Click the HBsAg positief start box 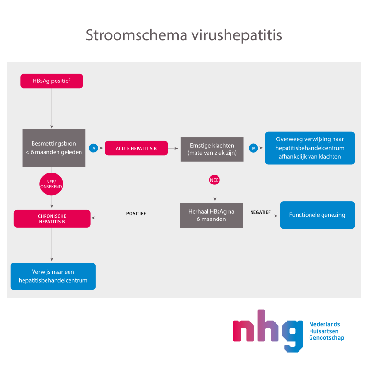pos(52,81)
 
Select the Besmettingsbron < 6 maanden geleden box pos(54,148)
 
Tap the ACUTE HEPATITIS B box pos(137,148)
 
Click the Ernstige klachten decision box pos(212,149)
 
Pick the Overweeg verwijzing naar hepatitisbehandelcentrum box pos(310,148)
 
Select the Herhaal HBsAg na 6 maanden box pos(211,216)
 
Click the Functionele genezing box pos(317,215)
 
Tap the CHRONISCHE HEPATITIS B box pos(52,218)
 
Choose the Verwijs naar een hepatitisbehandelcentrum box pos(53,276)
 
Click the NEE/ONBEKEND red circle pos(51,184)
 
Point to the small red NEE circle pos(214,180)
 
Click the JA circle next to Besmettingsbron pos(93,148)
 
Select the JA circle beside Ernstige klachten pos(253,148)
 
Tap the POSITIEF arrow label pos(136,214)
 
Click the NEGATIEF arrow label pos(260,212)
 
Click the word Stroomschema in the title pos(137,35)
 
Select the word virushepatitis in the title pos(237,35)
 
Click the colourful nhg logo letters pos(268,331)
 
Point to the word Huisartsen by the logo pos(323,331)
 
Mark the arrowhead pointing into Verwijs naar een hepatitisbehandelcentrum pos(52,259)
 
